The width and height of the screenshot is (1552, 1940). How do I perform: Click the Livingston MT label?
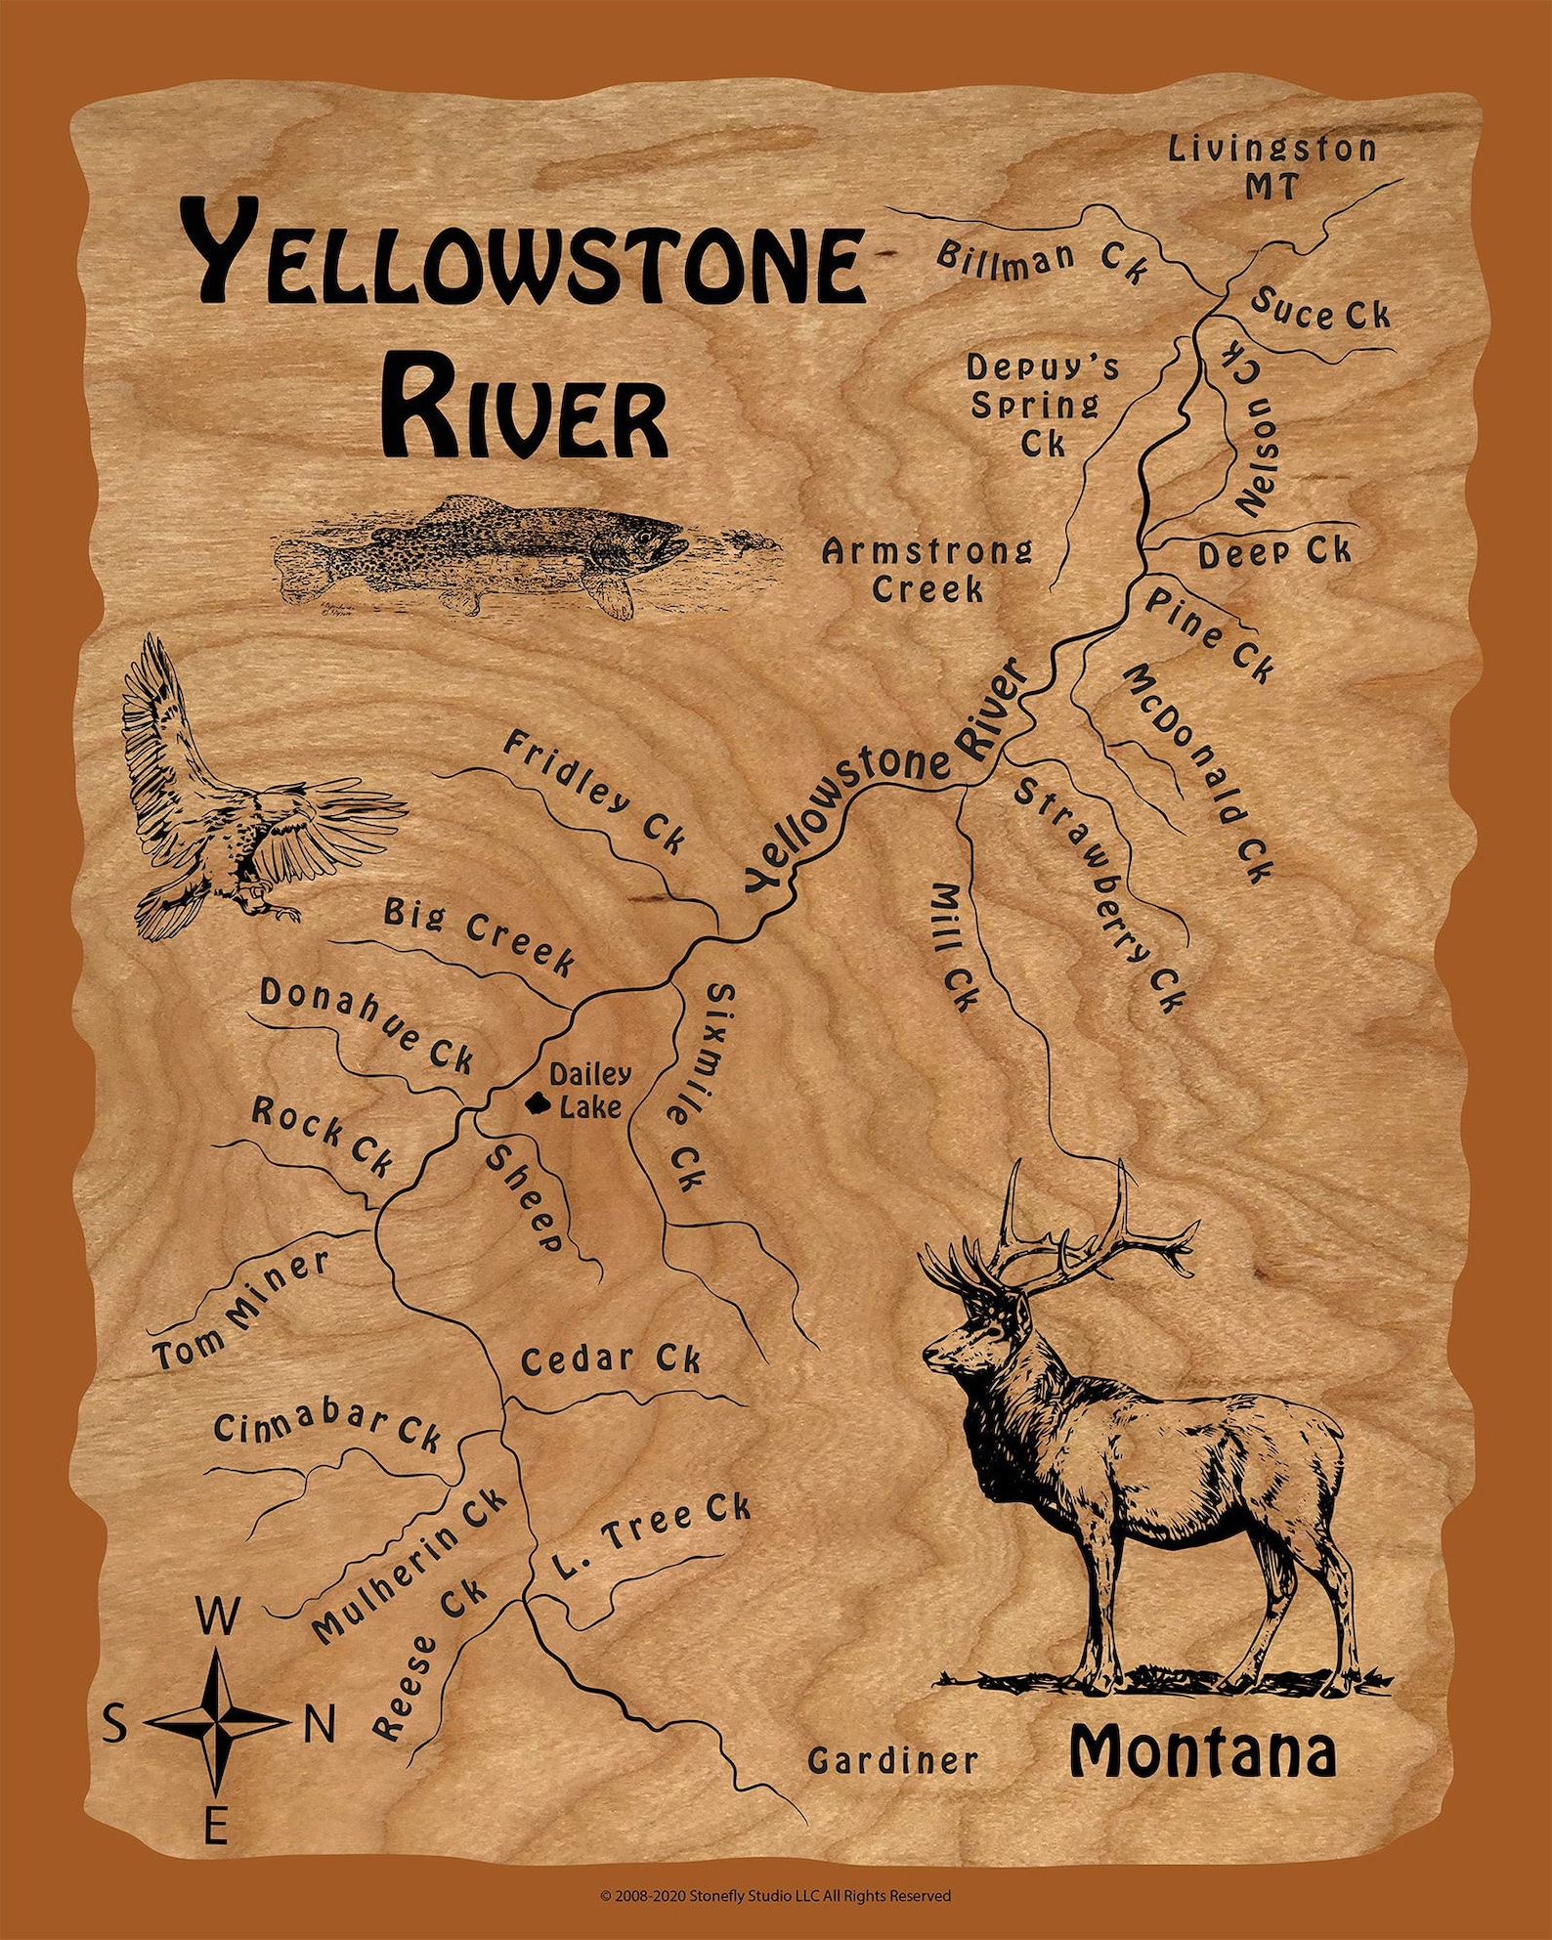click(1272, 167)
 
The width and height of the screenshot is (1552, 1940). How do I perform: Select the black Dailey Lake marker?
click(536, 1104)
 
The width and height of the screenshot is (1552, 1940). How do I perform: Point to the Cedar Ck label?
click(610, 1360)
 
